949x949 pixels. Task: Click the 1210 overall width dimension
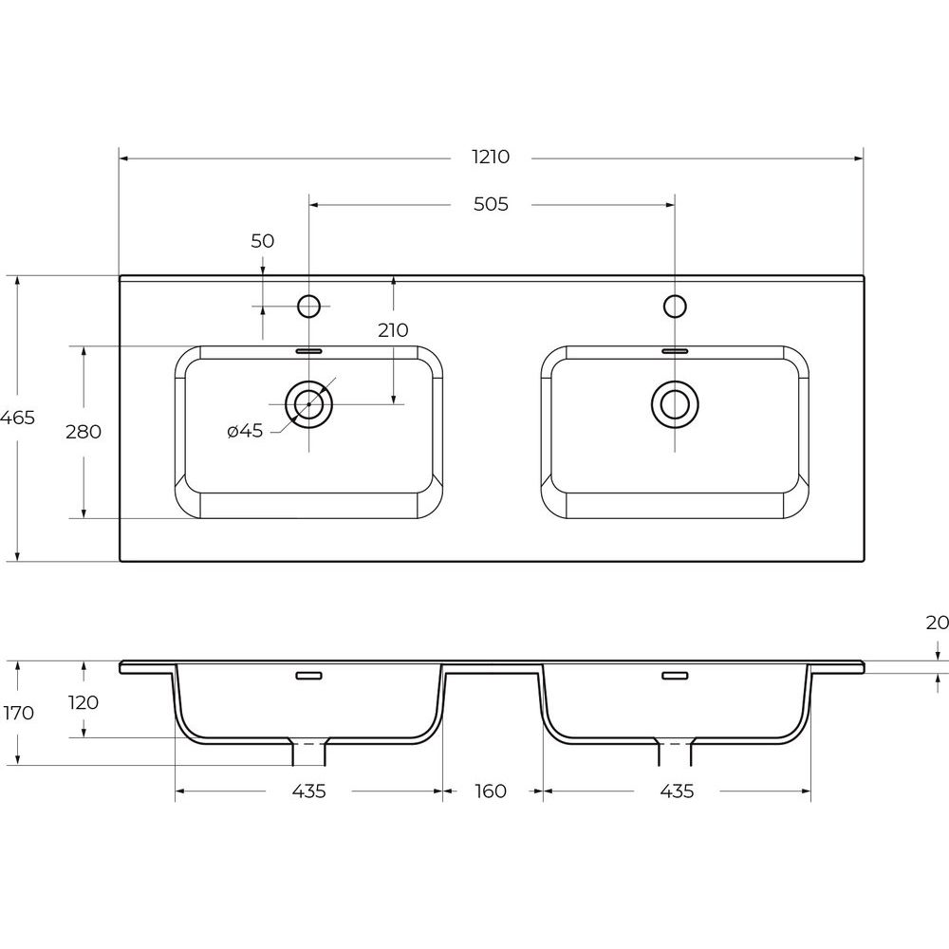(x=491, y=158)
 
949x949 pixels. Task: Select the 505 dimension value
(x=491, y=205)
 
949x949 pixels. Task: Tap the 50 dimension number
(x=263, y=241)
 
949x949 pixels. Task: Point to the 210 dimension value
(x=394, y=330)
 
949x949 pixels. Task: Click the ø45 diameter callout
(x=245, y=431)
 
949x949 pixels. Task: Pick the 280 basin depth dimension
(x=84, y=432)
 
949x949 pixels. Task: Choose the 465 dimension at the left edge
(x=17, y=418)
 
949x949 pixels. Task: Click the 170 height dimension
(x=19, y=713)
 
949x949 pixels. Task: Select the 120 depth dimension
(x=84, y=702)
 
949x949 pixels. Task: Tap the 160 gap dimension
(x=491, y=791)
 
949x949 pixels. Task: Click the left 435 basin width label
(x=308, y=791)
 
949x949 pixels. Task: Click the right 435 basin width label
(x=677, y=791)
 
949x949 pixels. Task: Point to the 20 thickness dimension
(x=937, y=623)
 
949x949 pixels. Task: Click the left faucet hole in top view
(x=308, y=307)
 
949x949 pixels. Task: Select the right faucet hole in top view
(x=675, y=307)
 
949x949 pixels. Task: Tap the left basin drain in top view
(x=308, y=403)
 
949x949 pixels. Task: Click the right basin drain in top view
(x=675, y=403)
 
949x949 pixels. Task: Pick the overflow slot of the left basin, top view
(x=308, y=350)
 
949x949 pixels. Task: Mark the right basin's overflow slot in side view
(x=675, y=676)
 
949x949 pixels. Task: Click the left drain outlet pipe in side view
(x=308, y=751)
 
